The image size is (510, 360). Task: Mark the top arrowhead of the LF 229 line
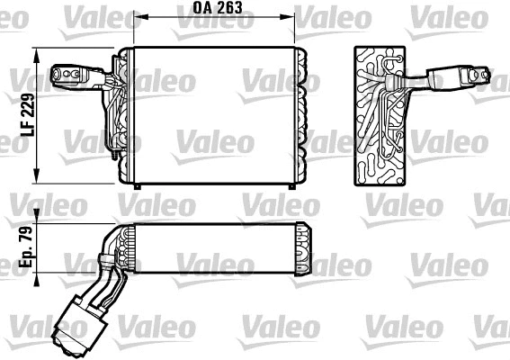point(38,51)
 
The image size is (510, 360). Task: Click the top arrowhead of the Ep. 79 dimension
point(38,225)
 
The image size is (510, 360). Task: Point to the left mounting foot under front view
point(136,186)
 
